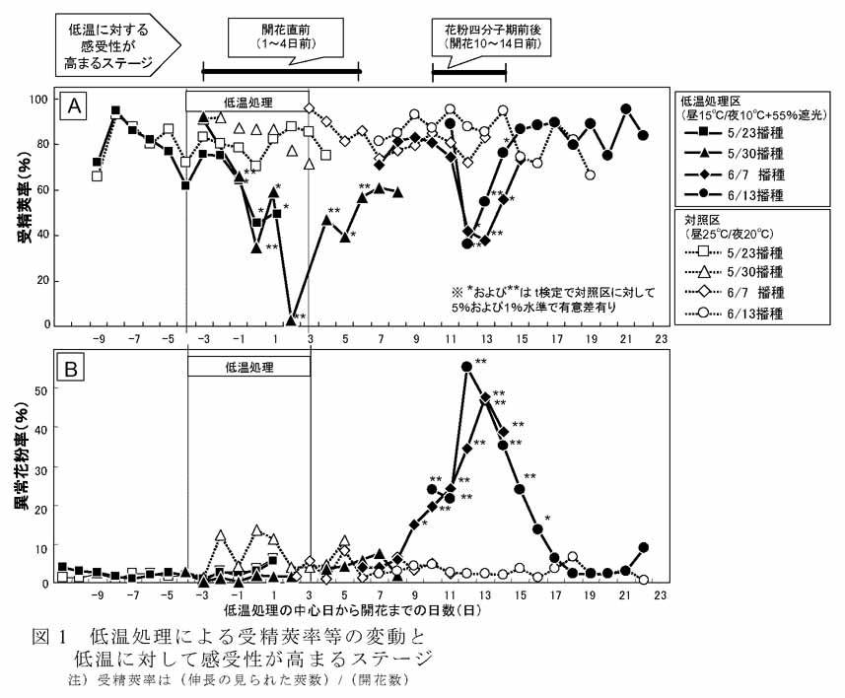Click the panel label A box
pyautogui.click(x=72, y=106)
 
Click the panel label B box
pyautogui.click(x=72, y=369)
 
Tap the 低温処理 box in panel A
pyautogui.click(x=247, y=102)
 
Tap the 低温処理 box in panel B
pyautogui.click(x=247, y=366)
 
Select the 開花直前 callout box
pyautogui.click(x=280, y=37)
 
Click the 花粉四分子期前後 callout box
pyautogui.click(x=490, y=36)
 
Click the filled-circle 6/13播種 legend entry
pyautogui.click(x=730, y=195)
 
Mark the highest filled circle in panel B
pyautogui.click(x=466, y=367)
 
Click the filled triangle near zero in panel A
pyautogui.click(x=290, y=318)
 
